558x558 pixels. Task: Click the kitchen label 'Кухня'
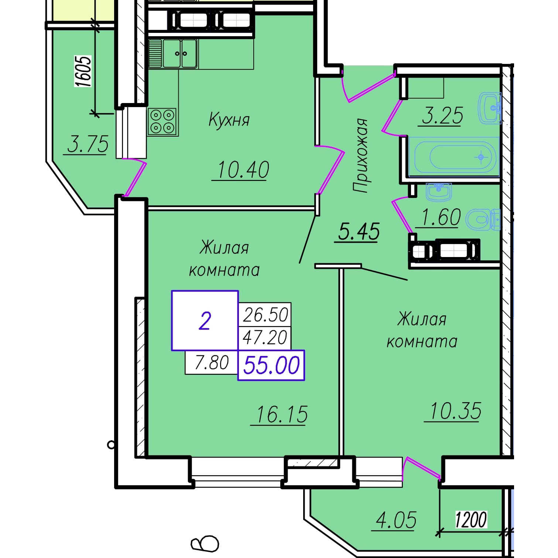click(x=229, y=120)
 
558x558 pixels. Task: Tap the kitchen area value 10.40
click(x=243, y=170)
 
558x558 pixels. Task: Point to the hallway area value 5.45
click(x=359, y=232)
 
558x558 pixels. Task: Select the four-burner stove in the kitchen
click(x=162, y=121)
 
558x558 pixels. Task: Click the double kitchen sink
click(x=180, y=54)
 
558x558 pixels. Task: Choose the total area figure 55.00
click(x=271, y=366)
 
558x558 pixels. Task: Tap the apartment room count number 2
click(x=205, y=321)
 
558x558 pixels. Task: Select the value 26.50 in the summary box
click(x=265, y=315)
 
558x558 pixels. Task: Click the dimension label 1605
click(x=83, y=72)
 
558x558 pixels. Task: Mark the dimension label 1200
click(x=471, y=520)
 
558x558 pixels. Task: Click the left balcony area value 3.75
click(x=88, y=144)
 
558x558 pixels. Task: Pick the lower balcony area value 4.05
click(x=396, y=520)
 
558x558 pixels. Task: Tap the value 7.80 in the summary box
click(x=212, y=362)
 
